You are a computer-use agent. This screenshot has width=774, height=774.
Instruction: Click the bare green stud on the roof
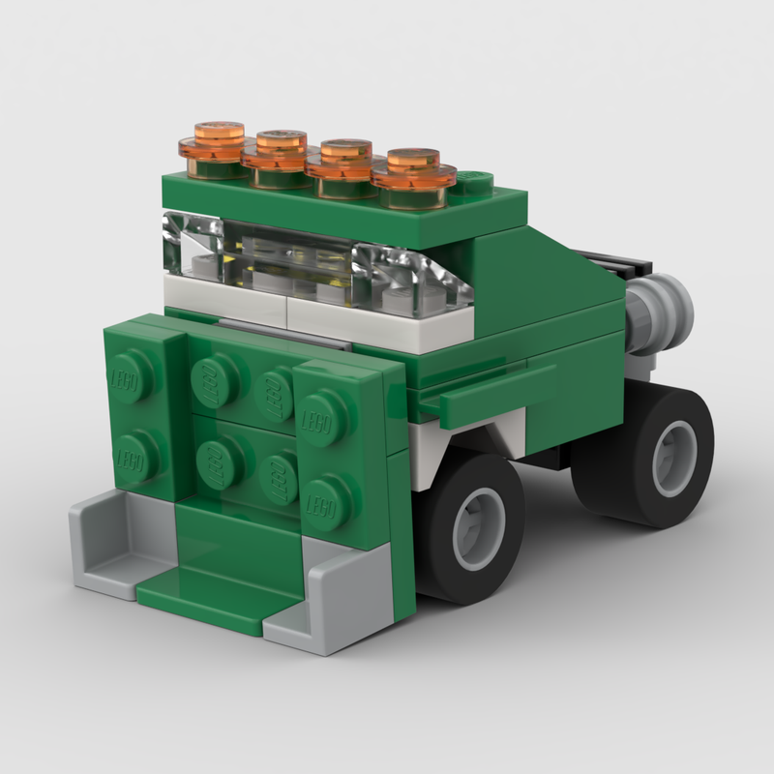[474, 178]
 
